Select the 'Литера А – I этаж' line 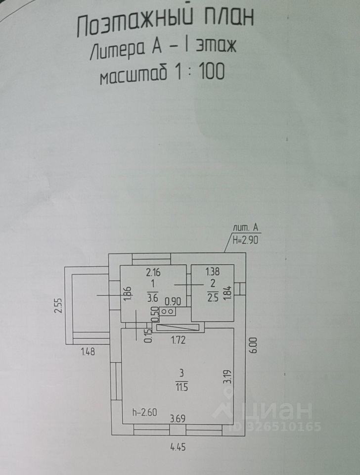pyautogui.click(x=164, y=50)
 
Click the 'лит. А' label pyautogui.click(x=246, y=228)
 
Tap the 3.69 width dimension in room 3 pyautogui.click(x=179, y=418)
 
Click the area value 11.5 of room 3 pyautogui.click(x=183, y=386)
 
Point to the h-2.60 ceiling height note pyautogui.click(x=144, y=412)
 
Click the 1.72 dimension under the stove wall pyautogui.click(x=179, y=340)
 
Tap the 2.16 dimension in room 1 pyautogui.click(x=153, y=271)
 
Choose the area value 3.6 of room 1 pyautogui.click(x=152, y=297)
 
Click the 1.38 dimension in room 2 pyautogui.click(x=212, y=271)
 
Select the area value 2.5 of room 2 pyautogui.click(x=213, y=297)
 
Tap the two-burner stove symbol pyautogui.click(x=167, y=312)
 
